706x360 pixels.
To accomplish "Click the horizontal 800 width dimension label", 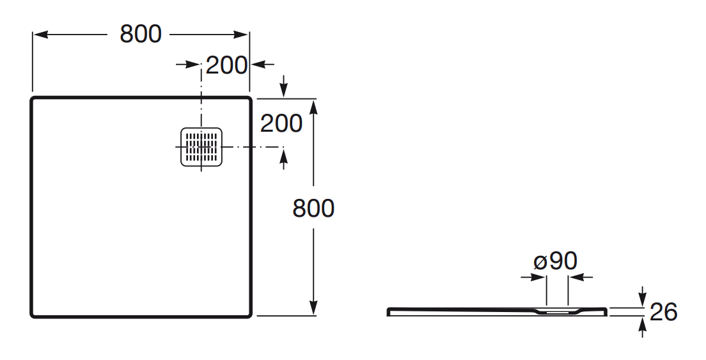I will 141,34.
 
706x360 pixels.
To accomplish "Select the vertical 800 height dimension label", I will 313,208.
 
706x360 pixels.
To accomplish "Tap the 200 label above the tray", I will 226,65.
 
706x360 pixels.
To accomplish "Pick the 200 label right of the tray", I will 281,123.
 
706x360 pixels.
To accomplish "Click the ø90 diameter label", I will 556,261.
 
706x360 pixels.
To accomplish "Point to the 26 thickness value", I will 664,312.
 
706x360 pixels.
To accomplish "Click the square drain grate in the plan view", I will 201,147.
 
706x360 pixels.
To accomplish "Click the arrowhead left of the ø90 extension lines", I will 540,277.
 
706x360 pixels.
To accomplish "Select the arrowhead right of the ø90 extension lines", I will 574,277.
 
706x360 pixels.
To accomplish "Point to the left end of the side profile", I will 389,312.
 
